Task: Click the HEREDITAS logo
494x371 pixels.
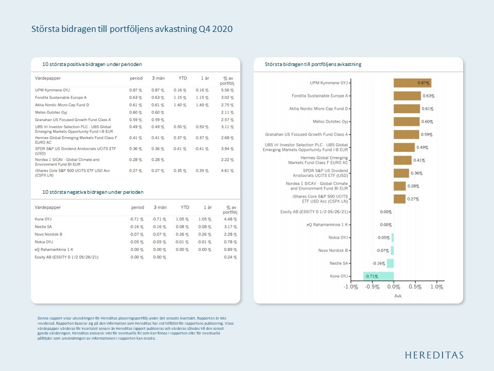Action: tap(434, 355)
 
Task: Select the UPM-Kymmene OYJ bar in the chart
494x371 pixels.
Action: tap(412, 83)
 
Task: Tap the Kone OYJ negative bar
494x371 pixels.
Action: tap(378, 276)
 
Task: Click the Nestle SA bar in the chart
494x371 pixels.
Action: tap(390, 263)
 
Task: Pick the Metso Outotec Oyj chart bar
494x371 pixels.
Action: tap(407, 122)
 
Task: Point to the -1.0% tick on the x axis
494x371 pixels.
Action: tap(351, 287)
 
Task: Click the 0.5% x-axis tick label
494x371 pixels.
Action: tap(415, 287)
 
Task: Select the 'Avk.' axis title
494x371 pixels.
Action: tap(398, 296)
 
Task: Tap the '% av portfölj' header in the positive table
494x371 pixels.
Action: tap(226, 80)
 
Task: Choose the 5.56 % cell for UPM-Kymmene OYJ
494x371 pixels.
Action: tap(227, 90)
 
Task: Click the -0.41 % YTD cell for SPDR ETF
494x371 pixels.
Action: tap(179, 149)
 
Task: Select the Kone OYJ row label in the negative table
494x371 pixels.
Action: tap(43, 219)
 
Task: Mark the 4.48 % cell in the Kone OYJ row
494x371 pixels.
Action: tap(230, 219)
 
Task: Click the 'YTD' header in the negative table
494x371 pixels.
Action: tap(182, 207)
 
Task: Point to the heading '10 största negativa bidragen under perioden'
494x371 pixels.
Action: tap(93, 192)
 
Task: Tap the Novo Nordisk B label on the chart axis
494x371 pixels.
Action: tap(332, 250)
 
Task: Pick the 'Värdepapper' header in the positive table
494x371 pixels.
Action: tap(47, 78)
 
